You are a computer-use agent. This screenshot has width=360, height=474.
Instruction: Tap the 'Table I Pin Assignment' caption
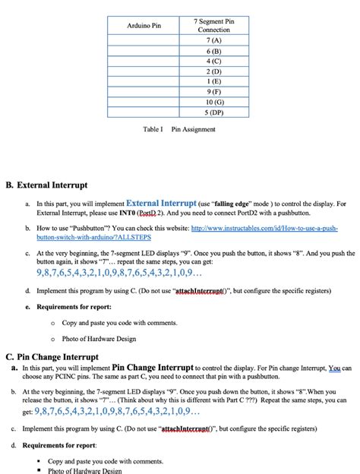tap(179, 129)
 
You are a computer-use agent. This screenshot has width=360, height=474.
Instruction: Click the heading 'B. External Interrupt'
tap(46, 185)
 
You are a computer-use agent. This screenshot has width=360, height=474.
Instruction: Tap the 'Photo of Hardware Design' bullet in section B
tap(99, 339)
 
